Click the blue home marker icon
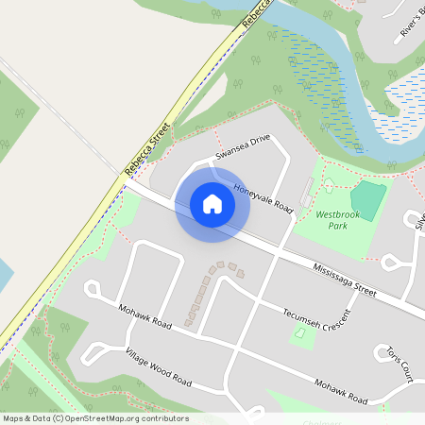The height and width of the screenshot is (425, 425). pyautogui.click(x=212, y=203)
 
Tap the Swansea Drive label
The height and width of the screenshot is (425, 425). pyautogui.click(x=243, y=146)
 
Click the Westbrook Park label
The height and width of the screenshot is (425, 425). pyautogui.click(x=331, y=220)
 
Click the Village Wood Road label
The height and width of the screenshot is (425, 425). pyautogui.click(x=159, y=368)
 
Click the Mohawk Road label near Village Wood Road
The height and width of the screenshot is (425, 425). pyautogui.click(x=144, y=317)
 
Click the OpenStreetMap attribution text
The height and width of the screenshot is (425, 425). pyautogui.click(x=94, y=418)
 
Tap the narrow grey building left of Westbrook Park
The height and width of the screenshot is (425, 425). pyautogui.click(x=306, y=192)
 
